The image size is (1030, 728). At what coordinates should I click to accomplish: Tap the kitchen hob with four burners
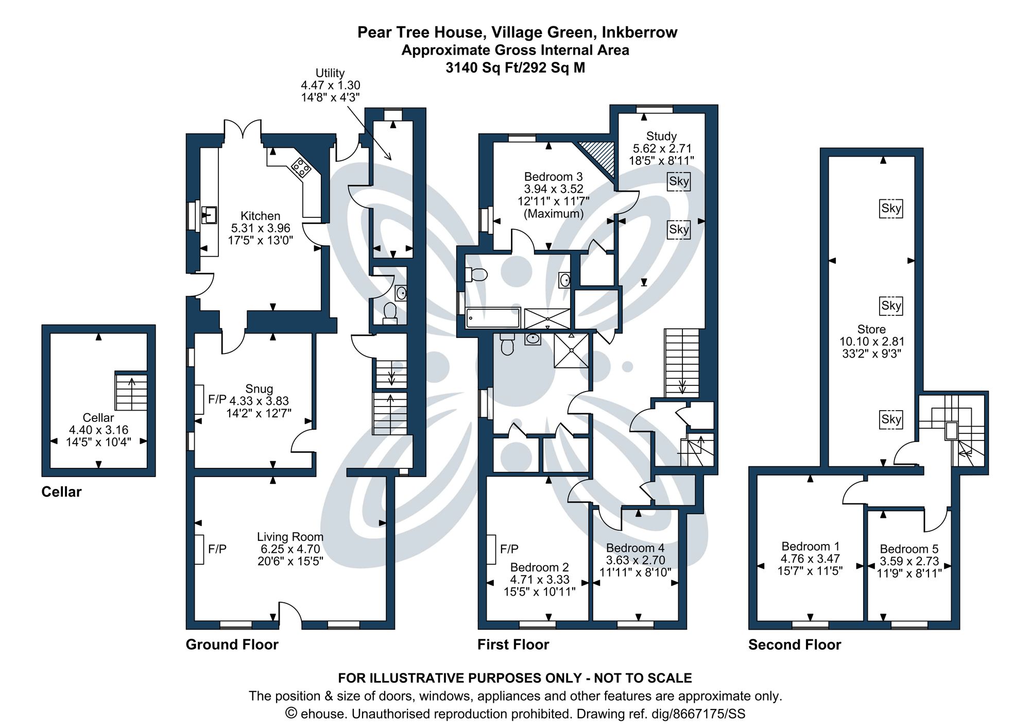(x=301, y=167)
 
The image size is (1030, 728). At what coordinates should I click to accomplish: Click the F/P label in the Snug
(x=217, y=399)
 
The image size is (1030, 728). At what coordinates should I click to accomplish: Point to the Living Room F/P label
(x=217, y=549)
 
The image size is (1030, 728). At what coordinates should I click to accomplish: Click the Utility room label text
(x=330, y=73)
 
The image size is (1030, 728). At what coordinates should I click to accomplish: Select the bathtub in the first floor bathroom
(x=493, y=318)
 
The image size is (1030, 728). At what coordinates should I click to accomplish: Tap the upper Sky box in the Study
(x=678, y=181)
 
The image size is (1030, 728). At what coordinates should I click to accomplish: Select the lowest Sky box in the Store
(x=891, y=419)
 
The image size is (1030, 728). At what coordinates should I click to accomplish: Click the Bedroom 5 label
(x=909, y=549)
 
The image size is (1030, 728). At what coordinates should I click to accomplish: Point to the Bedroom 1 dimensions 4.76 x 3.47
(x=810, y=558)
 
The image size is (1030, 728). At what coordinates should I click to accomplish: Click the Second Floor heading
(x=794, y=645)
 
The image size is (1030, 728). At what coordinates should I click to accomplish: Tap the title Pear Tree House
(x=420, y=32)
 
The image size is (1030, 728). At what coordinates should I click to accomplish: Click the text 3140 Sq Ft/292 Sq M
(x=515, y=68)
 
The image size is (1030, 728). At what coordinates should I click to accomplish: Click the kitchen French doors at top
(x=243, y=129)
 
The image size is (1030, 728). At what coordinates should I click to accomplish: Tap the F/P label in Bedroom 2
(x=509, y=549)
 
